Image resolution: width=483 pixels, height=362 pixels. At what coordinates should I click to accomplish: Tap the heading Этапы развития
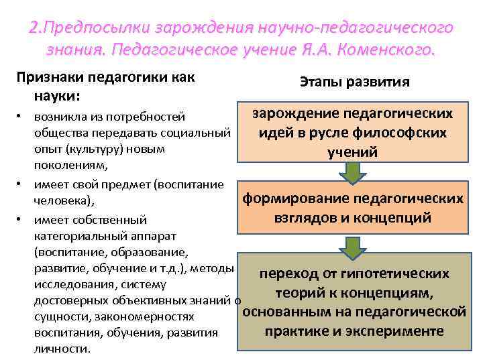point(354,81)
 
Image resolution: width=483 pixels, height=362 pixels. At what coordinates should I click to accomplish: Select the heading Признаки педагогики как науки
point(105,86)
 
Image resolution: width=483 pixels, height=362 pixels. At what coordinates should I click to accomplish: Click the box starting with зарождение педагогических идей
point(352,133)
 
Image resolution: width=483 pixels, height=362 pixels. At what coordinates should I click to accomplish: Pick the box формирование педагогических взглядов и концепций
point(352,208)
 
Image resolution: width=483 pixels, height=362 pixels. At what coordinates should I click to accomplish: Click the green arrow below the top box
point(352,173)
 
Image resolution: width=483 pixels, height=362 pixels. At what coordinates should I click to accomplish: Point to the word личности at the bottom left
point(60,349)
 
